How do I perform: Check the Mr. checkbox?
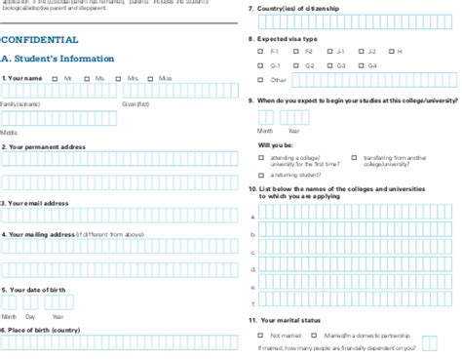pyautogui.click(x=57, y=77)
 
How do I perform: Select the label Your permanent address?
pyautogui.click(x=45, y=146)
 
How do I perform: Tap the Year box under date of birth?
pyautogui.click(x=61, y=303)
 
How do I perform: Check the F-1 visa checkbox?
pyautogui.click(x=262, y=51)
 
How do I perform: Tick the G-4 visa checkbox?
pyautogui.click(x=362, y=64)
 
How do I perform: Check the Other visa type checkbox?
pyautogui.click(x=262, y=79)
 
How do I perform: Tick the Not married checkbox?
pyautogui.click(x=262, y=335)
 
